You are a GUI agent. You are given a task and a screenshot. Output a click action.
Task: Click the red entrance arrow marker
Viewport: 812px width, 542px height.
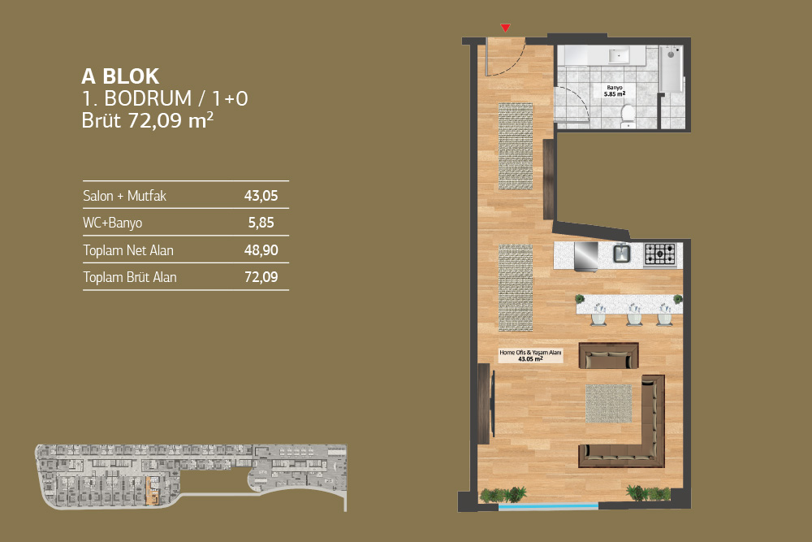click(x=505, y=28)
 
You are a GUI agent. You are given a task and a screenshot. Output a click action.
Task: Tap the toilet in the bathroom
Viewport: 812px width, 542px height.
click(x=627, y=115)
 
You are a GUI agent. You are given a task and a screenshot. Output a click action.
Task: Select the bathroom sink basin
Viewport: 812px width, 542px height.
click(x=619, y=55)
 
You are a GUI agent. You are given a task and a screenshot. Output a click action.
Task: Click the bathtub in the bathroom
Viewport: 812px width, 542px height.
click(x=671, y=69)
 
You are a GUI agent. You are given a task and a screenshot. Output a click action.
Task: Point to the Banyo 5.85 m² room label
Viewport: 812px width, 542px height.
click(x=615, y=91)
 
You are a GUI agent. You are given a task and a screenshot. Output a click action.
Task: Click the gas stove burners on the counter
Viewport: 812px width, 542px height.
click(x=660, y=254)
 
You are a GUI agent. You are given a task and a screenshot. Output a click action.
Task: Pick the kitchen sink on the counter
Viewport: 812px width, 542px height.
click(x=621, y=254)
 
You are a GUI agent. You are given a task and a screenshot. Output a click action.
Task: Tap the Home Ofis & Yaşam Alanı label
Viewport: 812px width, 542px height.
click(x=530, y=355)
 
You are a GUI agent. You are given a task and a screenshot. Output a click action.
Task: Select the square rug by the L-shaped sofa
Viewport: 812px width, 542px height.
click(x=608, y=403)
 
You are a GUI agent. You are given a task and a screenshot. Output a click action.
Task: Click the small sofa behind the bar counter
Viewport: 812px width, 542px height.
click(x=608, y=355)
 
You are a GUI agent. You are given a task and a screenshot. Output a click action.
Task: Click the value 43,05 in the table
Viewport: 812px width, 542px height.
click(x=261, y=196)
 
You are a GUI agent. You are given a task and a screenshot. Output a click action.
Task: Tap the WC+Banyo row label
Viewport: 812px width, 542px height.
click(x=112, y=223)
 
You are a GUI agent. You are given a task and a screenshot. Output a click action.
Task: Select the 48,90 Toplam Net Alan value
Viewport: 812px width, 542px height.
click(x=261, y=250)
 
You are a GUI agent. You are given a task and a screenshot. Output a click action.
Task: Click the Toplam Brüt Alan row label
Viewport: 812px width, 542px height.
click(x=129, y=277)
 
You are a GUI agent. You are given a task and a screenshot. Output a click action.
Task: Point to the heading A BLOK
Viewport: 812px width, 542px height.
click(x=120, y=76)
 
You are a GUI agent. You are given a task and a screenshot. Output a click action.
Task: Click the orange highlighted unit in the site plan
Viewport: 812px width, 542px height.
click(x=153, y=491)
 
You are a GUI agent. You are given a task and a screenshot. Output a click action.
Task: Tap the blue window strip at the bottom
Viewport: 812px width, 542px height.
click(x=548, y=506)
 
